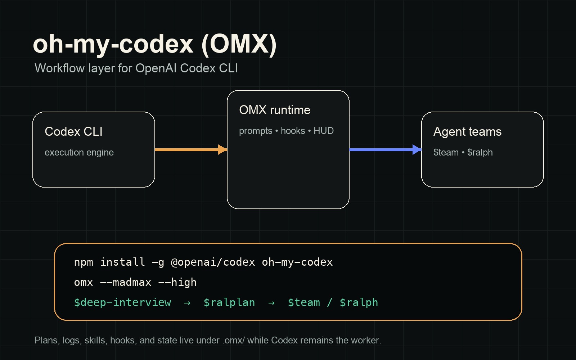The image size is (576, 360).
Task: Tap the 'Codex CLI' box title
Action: [x=73, y=132]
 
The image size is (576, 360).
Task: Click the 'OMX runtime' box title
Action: [x=274, y=110]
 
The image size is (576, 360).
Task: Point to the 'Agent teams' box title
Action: [x=467, y=132]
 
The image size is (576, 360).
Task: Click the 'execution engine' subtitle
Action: [x=79, y=153]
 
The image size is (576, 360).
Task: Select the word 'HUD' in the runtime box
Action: [x=323, y=131]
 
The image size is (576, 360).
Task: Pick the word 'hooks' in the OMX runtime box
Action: [x=293, y=131]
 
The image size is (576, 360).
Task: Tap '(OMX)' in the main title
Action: [x=239, y=44]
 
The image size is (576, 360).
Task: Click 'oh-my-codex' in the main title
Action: [x=113, y=44]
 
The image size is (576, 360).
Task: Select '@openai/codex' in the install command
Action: [x=213, y=262]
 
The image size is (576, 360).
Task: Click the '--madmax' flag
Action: [x=125, y=282]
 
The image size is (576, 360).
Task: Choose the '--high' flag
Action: [x=177, y=282]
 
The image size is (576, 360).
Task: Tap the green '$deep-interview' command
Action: [x=122, y=302]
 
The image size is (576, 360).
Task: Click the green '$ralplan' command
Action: [x=229, y=302]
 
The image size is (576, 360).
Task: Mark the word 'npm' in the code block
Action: [x=83, y=262]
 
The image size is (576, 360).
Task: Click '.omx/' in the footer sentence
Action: [x=233, y=341]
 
